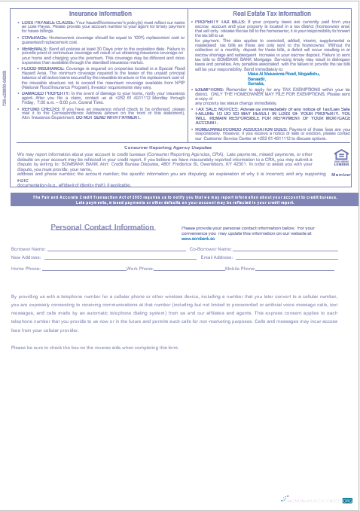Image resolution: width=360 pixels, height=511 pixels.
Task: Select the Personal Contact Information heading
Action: tap(102, 227)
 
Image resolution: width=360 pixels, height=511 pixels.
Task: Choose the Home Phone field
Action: tap(83, 269)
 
